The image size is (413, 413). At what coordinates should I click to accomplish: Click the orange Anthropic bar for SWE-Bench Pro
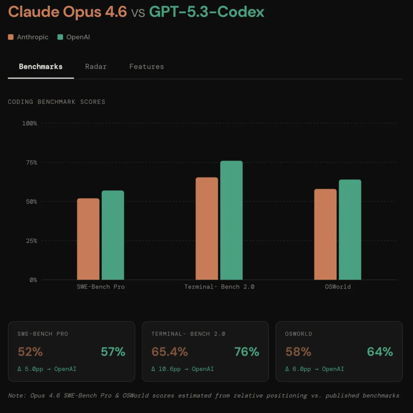coord(88,239)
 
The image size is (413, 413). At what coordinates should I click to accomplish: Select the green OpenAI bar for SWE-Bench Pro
coord(113,235)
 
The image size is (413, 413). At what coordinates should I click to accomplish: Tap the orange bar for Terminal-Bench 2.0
coord(207,229)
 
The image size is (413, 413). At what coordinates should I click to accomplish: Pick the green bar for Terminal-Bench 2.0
coord(231,220)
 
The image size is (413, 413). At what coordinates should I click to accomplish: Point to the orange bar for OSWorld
coord(325,234)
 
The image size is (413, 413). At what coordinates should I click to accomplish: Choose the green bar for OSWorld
coord(350,230)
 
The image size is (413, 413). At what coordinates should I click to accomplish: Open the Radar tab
coord(96,67)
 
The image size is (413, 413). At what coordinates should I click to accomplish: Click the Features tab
coord(146,67)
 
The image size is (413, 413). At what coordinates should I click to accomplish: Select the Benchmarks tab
coord(41,67)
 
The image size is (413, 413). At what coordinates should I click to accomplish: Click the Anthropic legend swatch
coord(11,37)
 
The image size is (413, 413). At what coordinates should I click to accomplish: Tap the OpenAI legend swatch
coord(60,37)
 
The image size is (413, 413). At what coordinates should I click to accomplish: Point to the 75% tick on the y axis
coord(30,163)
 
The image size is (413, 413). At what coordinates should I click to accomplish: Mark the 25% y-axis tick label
coord(30,241)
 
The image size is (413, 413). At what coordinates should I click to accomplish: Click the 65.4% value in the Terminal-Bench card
coord(169,352)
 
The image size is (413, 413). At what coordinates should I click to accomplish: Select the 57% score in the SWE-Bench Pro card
coord(113,352)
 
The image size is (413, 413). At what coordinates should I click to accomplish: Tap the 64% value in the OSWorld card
coord(380,352)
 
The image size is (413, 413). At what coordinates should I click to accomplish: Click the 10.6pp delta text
coord(166,369)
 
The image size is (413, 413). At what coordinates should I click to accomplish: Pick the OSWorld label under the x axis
coord(338,287)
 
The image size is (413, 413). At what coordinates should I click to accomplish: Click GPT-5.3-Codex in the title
coord(206,12)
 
